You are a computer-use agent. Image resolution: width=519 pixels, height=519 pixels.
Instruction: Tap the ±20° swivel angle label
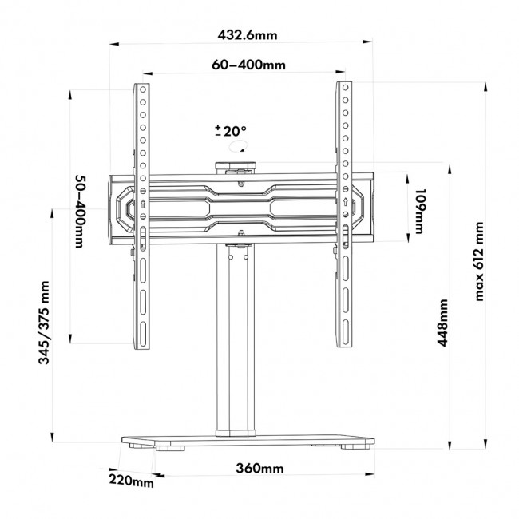click(x=231, y=131)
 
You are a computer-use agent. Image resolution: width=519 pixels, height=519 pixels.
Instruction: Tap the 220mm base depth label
click(x=133, y=481)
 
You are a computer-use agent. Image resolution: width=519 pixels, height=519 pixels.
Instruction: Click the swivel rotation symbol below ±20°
click(x=237, y=148)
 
